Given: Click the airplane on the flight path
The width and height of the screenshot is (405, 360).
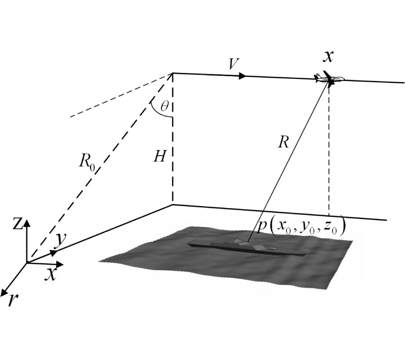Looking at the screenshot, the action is (x=329, y=78).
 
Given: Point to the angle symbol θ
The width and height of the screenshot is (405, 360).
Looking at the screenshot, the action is (x=164, y=106).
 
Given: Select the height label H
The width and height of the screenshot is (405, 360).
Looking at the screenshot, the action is (x=159, y=156).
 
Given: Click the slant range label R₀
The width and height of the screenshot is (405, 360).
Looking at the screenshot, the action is (x=87, y=163).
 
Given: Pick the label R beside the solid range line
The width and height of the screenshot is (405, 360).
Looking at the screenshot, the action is (x=283, y=142).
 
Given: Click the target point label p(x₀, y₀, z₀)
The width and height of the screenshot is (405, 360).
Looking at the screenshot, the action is (x=301, y=226).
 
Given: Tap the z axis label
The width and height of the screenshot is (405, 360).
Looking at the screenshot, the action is (x=18, y=224).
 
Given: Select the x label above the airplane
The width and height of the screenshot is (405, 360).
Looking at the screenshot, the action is (x=328, y=56).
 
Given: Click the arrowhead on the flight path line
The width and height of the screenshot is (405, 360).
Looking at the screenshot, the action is (x=242, y=76).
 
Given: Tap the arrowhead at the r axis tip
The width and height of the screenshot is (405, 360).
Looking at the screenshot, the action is (x=4, y=292).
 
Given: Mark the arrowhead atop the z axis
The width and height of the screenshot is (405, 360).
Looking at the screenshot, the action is (x=27, y=223).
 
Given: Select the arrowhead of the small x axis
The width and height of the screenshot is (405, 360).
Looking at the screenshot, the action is (x=60, y=264).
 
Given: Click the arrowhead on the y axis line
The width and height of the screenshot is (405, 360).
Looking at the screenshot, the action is (x=54, y=252).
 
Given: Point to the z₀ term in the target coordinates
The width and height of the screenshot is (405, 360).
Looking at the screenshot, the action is (x=331, y=228).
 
